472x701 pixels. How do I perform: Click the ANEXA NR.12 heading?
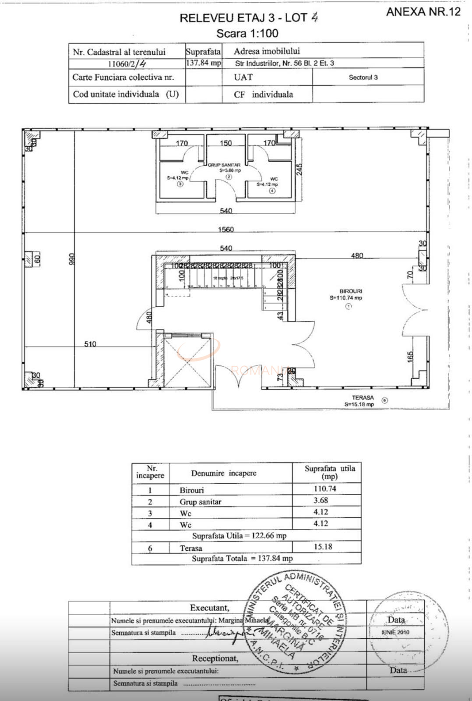423,12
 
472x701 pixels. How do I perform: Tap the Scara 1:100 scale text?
247,33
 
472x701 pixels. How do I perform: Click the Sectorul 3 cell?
363,77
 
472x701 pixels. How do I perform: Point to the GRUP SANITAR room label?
224,165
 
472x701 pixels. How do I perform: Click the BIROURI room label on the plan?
351,291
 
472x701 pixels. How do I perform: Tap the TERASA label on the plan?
363,398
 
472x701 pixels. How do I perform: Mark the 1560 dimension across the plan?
226,229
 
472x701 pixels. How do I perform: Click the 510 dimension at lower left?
90,344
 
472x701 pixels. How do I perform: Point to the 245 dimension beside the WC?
299,169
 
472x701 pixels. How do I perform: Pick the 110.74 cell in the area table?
325,489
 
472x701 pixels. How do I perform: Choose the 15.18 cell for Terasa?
323,547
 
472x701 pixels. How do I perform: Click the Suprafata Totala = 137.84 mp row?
242,559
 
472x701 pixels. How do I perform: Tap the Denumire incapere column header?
224,473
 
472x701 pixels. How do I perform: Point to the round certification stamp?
296,621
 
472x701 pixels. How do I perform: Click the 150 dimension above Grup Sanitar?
226,143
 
